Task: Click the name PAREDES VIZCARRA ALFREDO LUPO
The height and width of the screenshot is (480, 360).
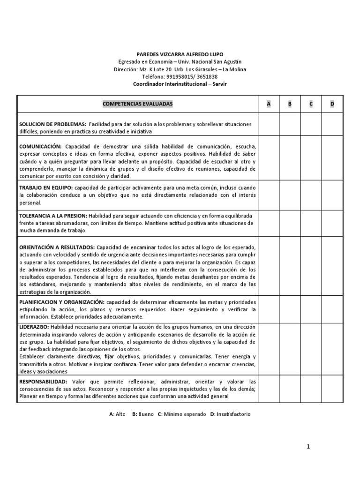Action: tap(180, 54)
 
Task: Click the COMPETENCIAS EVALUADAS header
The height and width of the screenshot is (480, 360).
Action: tap(137, 104)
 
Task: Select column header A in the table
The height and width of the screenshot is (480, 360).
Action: tap(269, 104)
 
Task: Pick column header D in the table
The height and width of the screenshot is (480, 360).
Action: tap(332, 104)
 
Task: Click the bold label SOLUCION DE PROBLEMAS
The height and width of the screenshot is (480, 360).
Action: tap(52, 124)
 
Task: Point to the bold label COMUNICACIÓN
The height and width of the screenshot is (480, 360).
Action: tap(40, 146)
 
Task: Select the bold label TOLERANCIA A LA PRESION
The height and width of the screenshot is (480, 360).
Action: tap(53, 216)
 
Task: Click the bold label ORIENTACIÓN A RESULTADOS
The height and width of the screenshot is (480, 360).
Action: tap(57, 247)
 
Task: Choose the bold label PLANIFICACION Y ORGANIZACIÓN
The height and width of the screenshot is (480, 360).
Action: tap(62, 302)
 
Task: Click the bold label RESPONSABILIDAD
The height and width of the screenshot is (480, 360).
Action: tap(43, 382)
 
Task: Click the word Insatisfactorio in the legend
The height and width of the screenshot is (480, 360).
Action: tap(233, 414)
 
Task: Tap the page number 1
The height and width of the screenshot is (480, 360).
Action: tap(308, 447)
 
